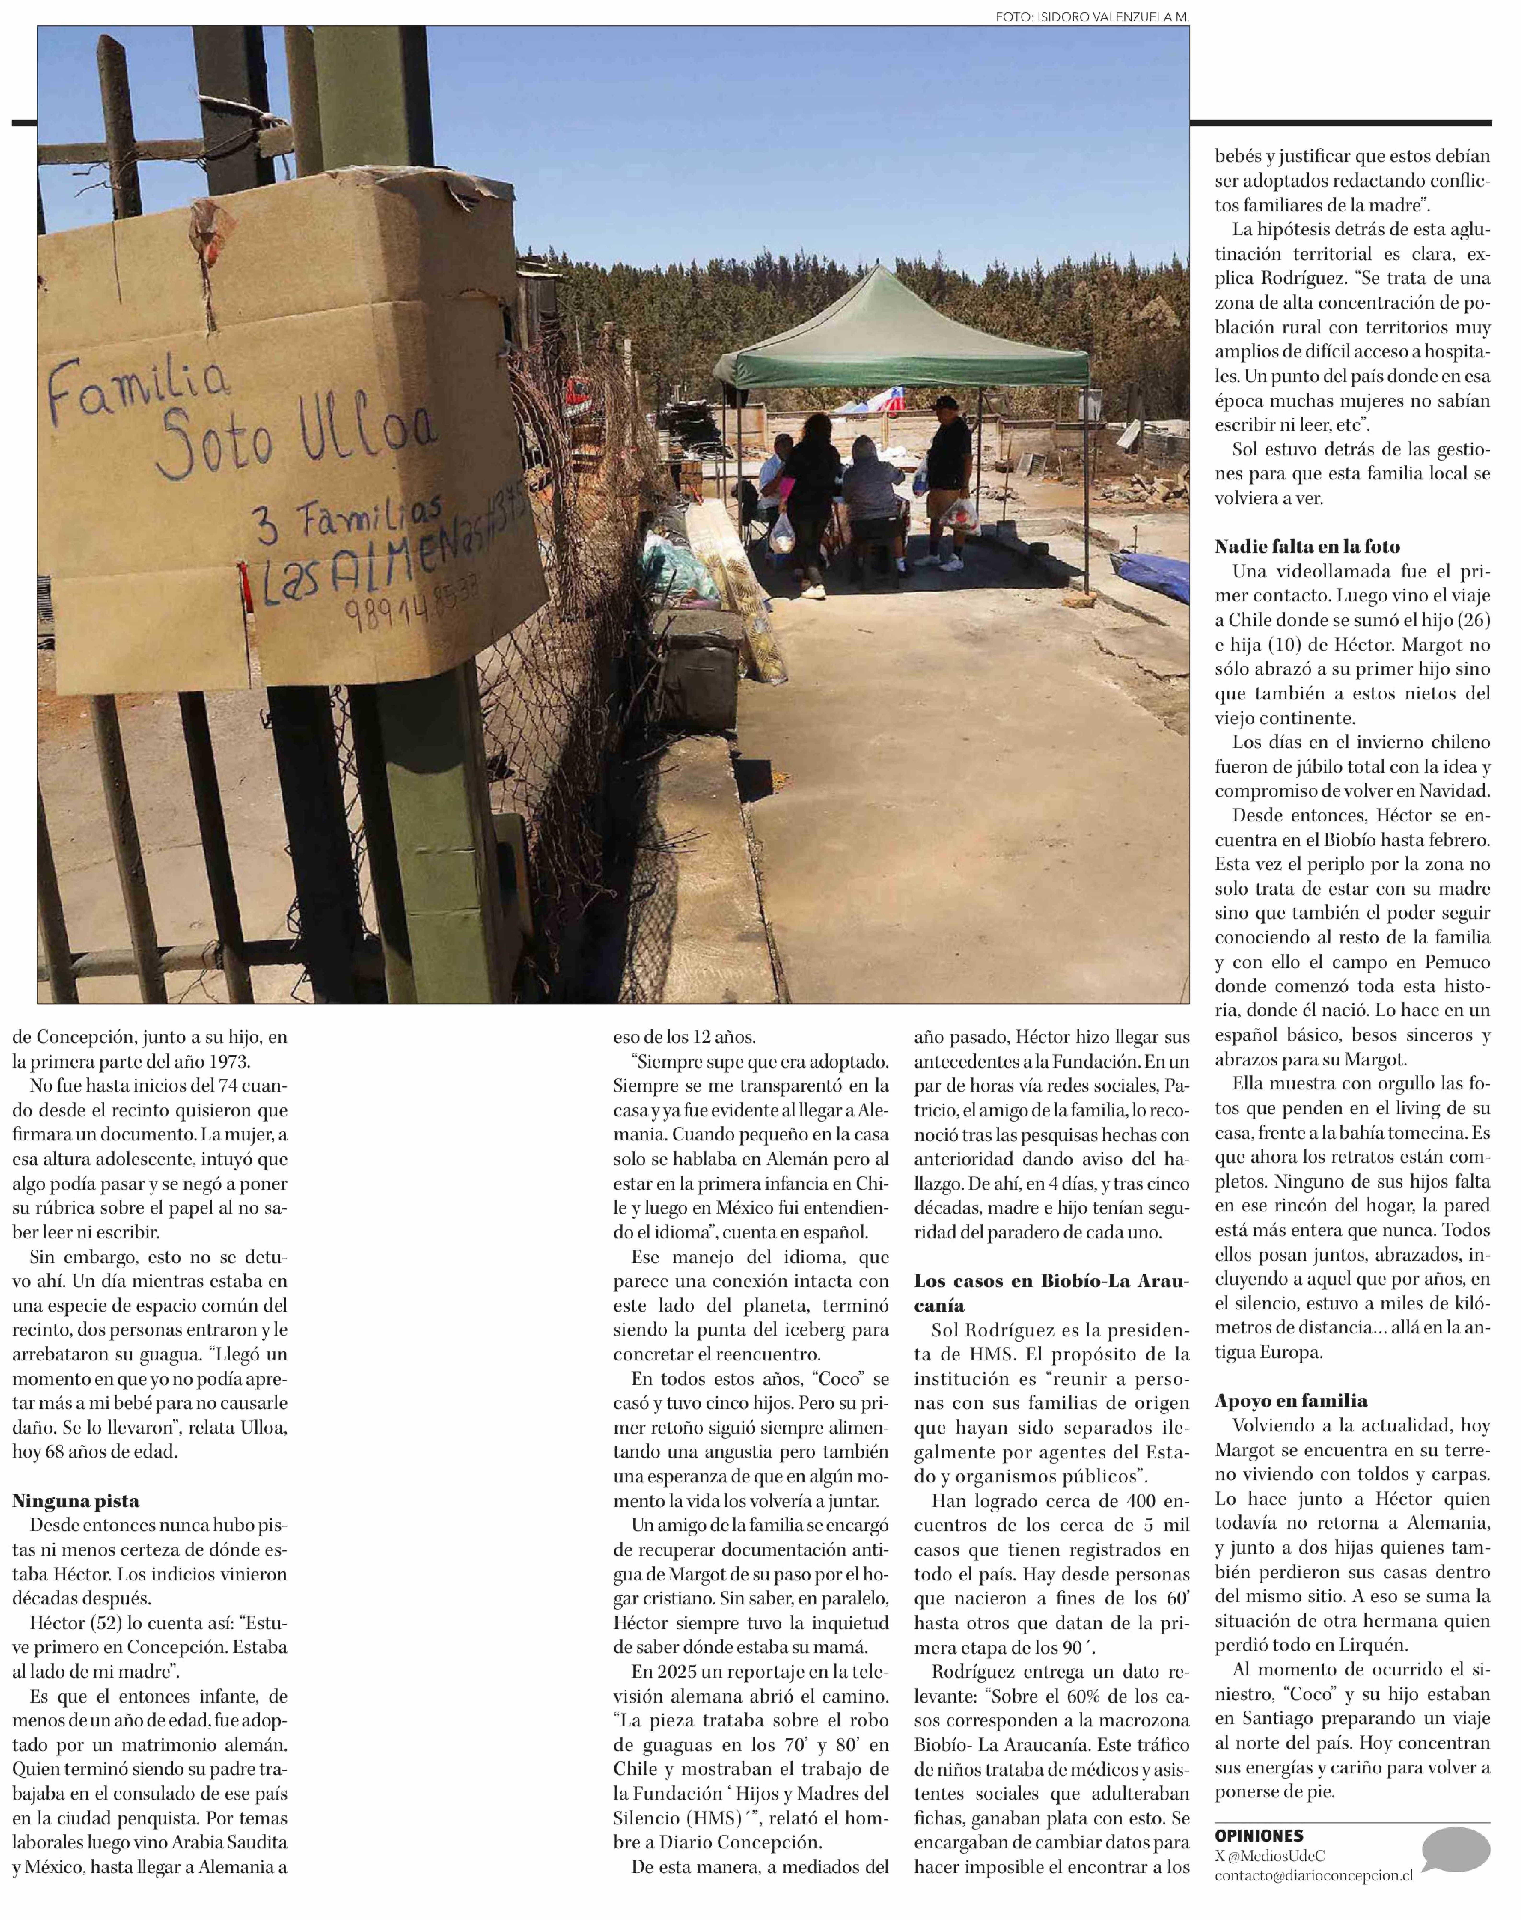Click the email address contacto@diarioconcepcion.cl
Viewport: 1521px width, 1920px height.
click(x=1313, y=1874)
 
